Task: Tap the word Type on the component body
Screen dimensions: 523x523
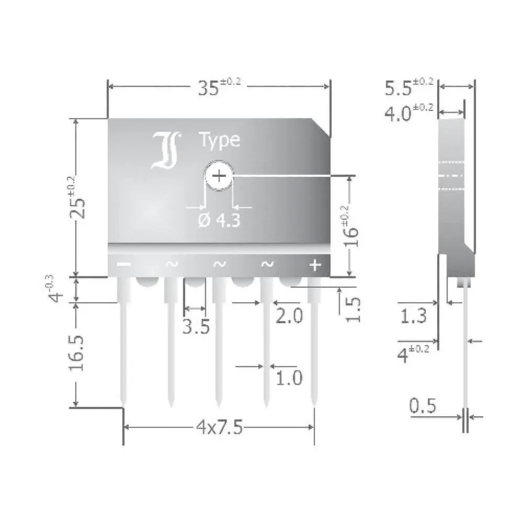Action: [219, 140]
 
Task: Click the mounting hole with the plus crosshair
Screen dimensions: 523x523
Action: [219, 176]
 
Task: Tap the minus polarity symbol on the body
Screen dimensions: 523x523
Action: [123, 265]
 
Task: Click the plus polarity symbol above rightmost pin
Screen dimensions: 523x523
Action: [314, 265]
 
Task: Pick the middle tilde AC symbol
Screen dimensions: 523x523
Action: [219, 265]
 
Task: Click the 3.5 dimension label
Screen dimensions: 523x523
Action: [196, 326]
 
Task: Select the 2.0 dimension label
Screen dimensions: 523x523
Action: [289, 317]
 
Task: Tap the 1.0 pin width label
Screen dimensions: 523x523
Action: [289, 378]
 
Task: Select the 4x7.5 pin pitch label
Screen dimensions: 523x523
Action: [220, 428]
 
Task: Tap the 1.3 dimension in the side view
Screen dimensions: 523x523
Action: [413, 316]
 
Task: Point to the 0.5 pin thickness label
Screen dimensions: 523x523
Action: [423, 406]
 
